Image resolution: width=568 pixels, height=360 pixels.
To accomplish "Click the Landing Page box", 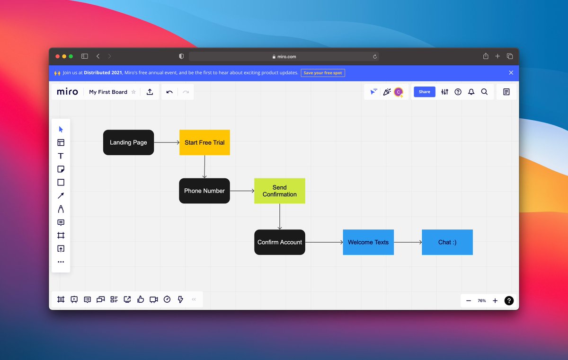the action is click(128, 142).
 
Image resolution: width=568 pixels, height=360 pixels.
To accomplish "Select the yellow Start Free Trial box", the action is click(204, 142).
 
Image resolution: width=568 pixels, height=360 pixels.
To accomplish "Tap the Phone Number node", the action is click(204, 191).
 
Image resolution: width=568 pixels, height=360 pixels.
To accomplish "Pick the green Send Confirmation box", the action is click(279, 191).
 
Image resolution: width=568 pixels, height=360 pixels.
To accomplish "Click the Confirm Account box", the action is click(279, 242).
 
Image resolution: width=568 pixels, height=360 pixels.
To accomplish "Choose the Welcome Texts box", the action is click(368, 242).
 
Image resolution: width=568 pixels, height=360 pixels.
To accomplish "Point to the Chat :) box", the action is click(447, 242).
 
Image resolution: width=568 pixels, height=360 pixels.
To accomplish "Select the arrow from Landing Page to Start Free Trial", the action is click(167, 142).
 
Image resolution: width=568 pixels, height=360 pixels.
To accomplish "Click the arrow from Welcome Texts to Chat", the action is click(408, 242).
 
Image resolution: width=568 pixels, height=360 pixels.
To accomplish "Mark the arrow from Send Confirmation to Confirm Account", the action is click(280, 217).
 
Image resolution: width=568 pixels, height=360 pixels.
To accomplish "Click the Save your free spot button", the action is click(323, 73).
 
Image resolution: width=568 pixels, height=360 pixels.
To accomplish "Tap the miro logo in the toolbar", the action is click(67, 92).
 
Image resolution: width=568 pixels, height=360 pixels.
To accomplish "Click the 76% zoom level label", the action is click(482, 301).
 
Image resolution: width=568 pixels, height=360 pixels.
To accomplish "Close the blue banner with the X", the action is click(511, 73).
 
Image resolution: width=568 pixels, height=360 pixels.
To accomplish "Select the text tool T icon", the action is click(61, 156).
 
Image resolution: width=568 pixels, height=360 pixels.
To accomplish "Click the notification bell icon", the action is click(471, 92).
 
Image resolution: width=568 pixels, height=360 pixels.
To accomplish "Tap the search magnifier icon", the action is click(484, 92).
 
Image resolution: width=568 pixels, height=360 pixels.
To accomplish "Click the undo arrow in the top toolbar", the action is click(169, 92).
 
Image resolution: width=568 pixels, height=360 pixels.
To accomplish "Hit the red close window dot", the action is click(58, 56).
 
